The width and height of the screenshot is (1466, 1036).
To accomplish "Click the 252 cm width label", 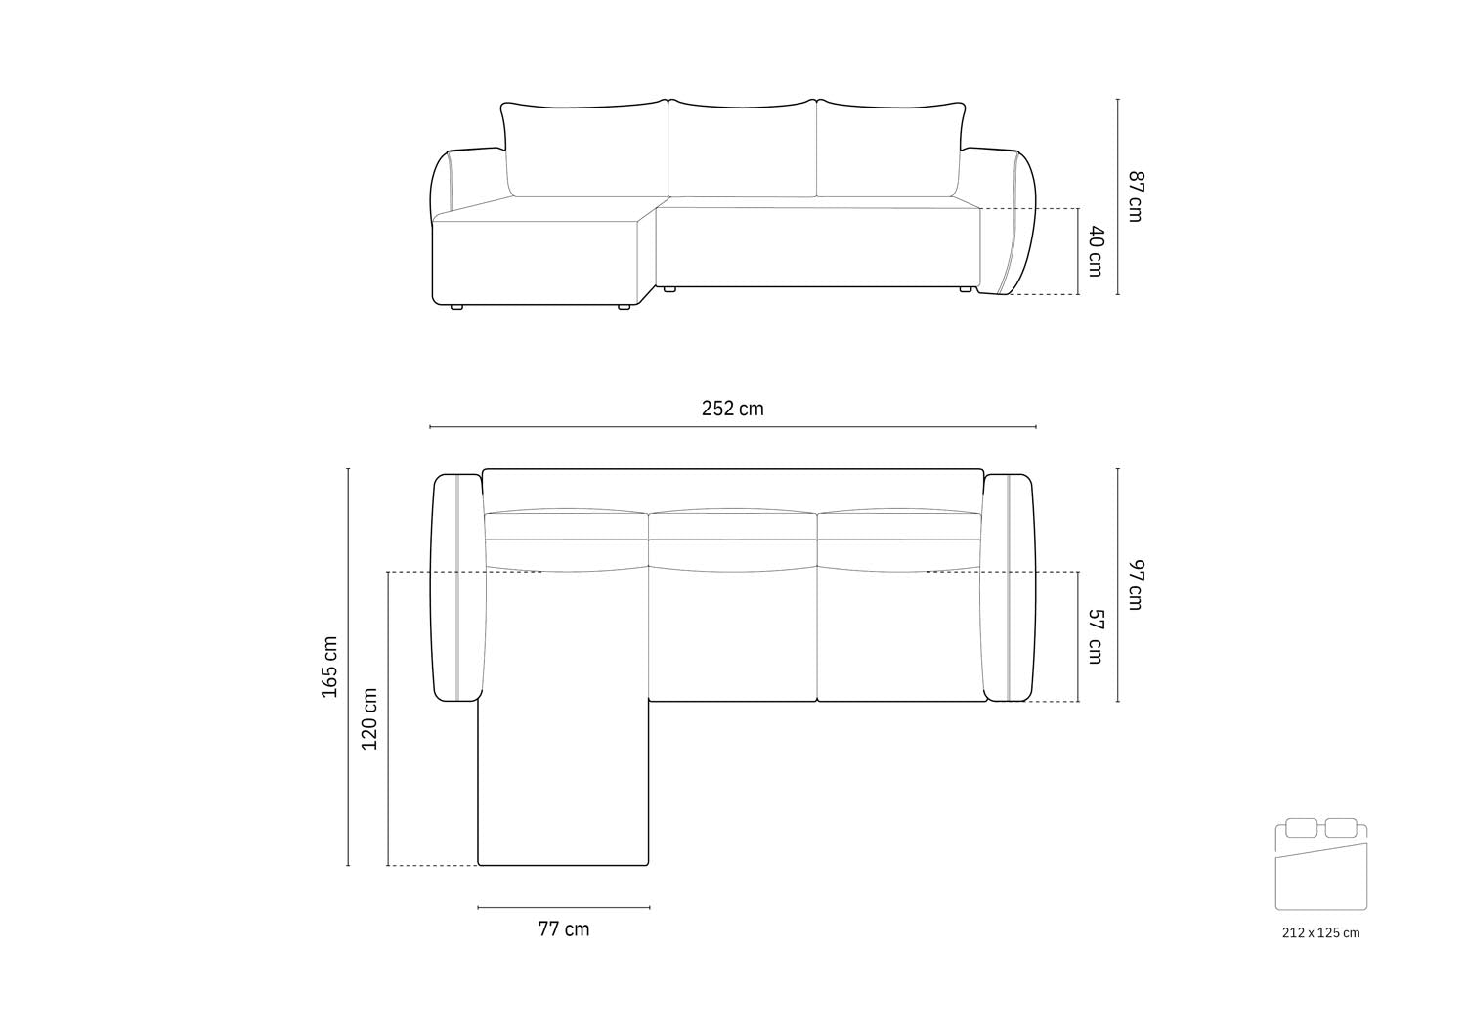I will tap(732, 409).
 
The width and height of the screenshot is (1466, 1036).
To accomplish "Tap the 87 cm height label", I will tap(1134, 195).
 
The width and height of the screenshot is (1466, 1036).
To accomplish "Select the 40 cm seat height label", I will tap(1096, 250).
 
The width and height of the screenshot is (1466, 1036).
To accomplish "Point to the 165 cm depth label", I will tap(330, 667).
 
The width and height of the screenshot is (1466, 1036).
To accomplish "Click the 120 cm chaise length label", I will tap(369, 718).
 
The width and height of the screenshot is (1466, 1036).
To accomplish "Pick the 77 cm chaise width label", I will tap(564, 928).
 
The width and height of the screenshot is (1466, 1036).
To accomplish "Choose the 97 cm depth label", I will tap(1134, 584).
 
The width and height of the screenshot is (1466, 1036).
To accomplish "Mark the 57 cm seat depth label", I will tap(1096, 635).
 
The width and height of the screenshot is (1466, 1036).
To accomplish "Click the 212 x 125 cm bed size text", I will tap(1320, 932).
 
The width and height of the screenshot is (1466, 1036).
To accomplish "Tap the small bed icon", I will tap(1320, 866).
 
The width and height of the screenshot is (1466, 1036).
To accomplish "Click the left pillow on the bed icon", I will tap(1302, 828).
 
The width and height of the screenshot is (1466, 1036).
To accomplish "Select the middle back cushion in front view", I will tap(742, 149).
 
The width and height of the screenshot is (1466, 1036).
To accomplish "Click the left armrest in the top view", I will tap(457, 586).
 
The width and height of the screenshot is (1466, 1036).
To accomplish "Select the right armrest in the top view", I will tap(1009, 586).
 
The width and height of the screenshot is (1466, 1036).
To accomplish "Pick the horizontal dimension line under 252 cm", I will tap(732, 427).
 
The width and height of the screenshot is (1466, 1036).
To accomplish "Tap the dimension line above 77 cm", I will tap(564, 907).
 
